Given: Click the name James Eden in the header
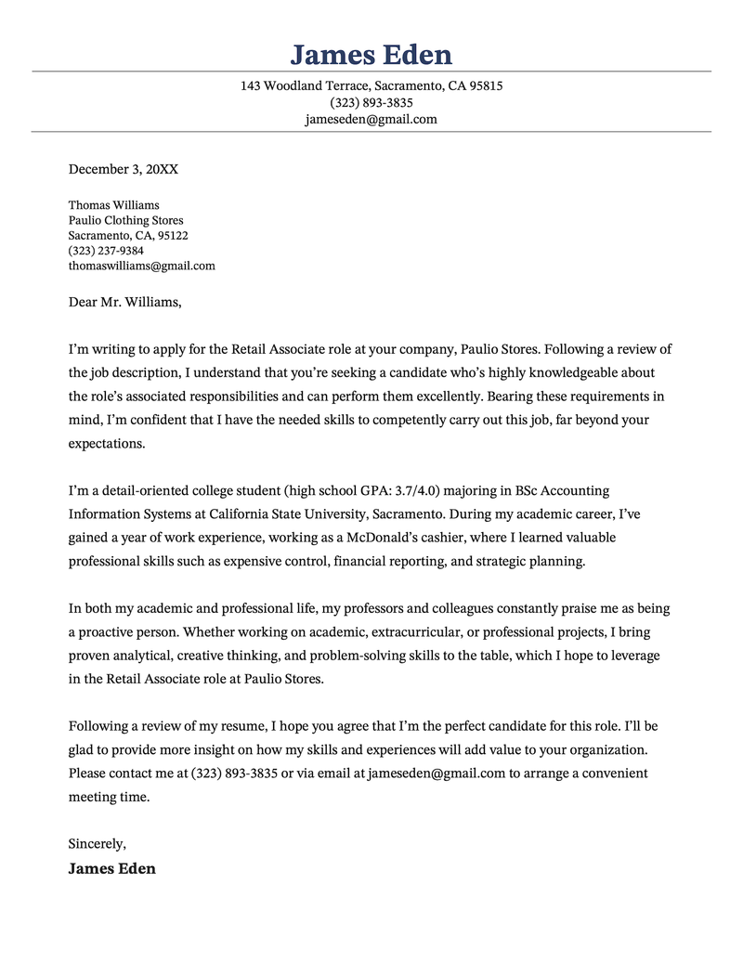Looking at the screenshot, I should (371, 54).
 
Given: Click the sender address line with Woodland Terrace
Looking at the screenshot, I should (371, 85).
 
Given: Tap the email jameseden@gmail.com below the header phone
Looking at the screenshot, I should (371, 119).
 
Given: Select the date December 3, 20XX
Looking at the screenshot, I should (124, 169).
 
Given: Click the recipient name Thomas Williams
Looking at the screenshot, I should (113, 205).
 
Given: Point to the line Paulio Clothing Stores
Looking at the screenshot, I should (125, 220).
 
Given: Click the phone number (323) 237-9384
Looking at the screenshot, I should (106, 251).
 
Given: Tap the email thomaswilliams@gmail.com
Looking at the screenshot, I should (141, 266).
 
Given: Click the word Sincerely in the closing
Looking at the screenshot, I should (97, 844).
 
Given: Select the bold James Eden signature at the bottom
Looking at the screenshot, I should (111, 869).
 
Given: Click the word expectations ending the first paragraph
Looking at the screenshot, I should (107, 443).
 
